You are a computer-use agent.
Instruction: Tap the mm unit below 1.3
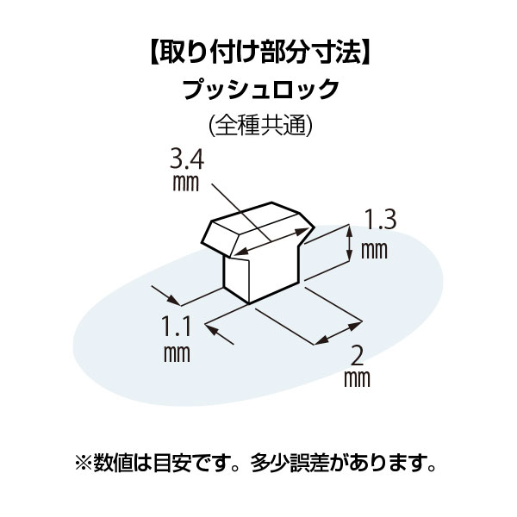click(x=373, y=250)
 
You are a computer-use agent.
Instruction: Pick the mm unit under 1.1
click(x=175, y=353)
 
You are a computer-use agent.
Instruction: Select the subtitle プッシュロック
click(x=259, y=90)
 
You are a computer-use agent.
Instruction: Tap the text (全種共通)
click(x=259, y=125)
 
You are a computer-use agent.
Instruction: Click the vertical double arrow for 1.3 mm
click(x=350, y=242)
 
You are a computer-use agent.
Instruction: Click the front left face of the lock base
click(x=236, y=277)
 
